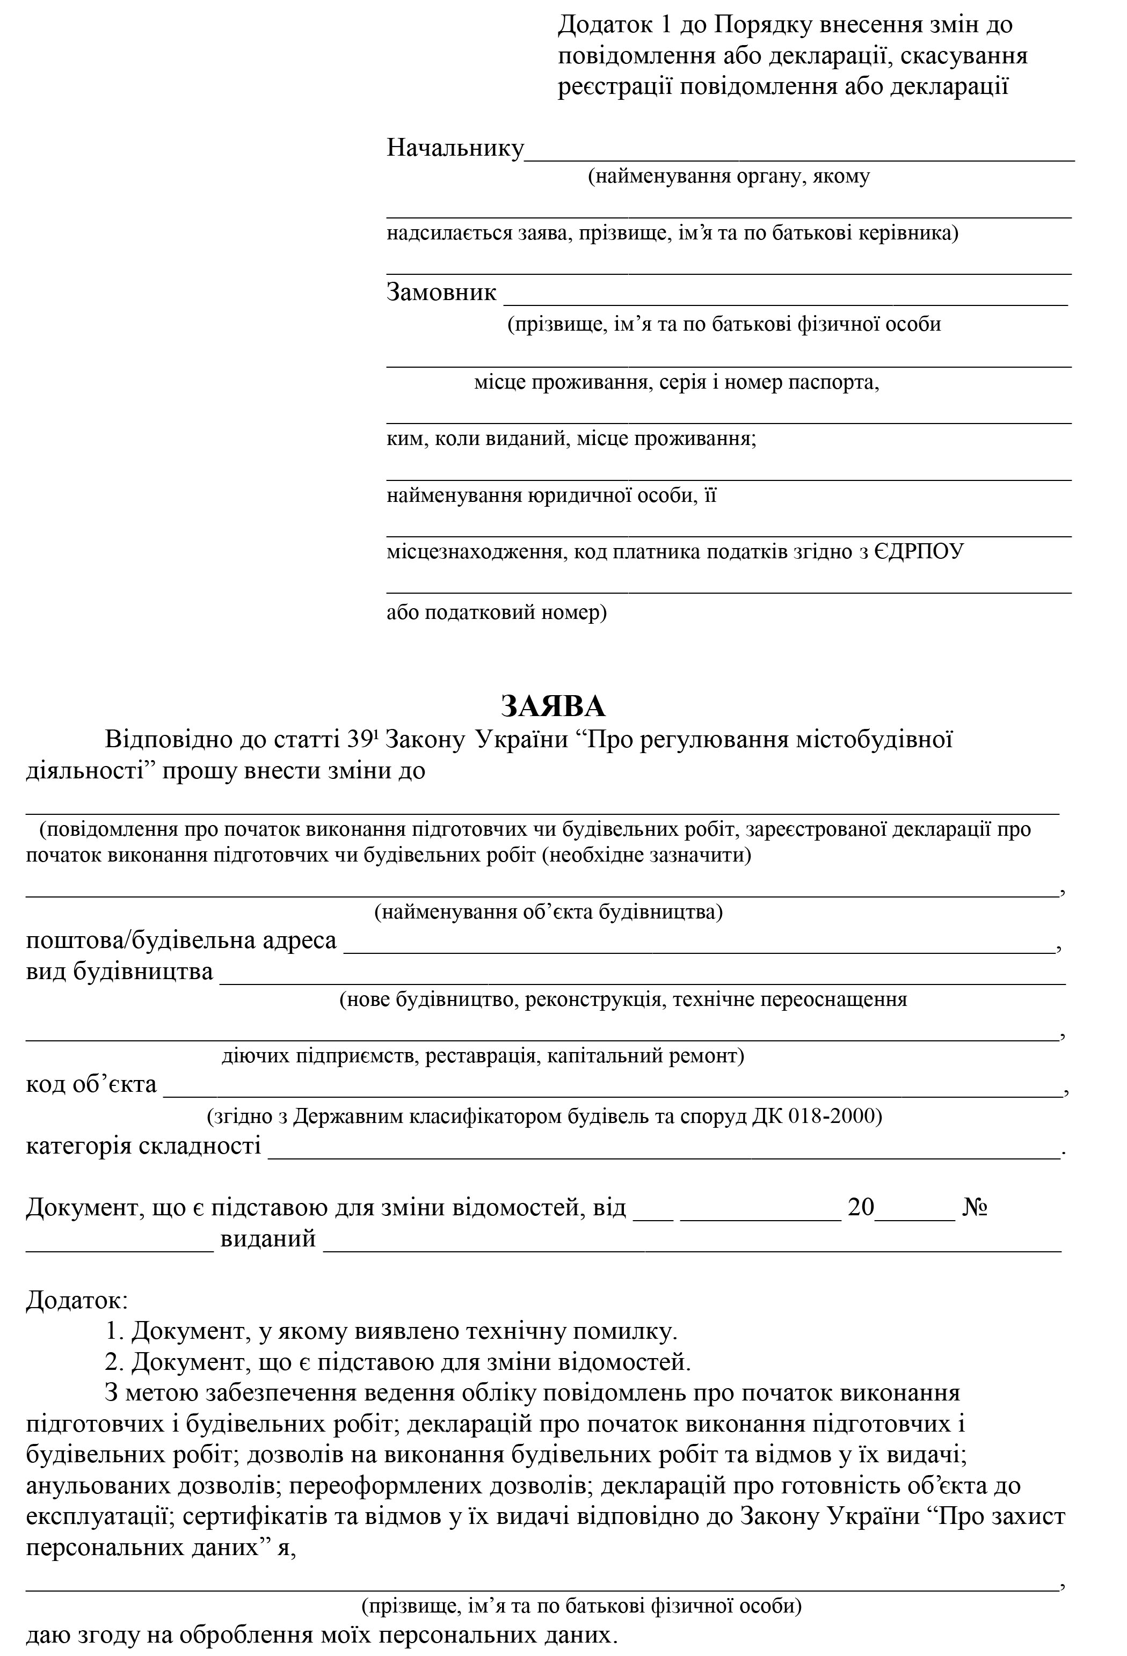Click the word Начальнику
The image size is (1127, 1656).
pyautogui.click(x=455, y=148)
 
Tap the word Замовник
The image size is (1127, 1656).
pyautogui.click(x=441, y=292)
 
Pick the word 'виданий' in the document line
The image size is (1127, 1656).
pyautogui.click(x=268, y=1238)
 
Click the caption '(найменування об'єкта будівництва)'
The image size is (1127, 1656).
pyautogui.click(x=548, y=912)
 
